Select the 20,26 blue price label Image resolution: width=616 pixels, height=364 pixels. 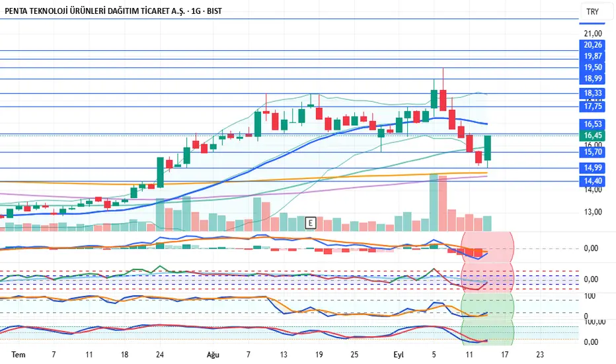[592, 45]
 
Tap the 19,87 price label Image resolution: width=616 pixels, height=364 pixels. [592, 56]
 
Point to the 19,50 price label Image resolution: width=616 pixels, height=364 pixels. [592, 68]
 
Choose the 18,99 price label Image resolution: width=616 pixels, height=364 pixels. [592, 79]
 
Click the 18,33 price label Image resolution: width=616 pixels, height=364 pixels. [592, 93]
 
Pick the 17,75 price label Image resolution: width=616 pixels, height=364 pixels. [592, 106]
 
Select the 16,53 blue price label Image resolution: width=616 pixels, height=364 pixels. [592, 124]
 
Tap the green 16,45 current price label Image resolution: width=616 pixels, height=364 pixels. [592, 136]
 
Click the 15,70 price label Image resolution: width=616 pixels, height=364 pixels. [592, 152]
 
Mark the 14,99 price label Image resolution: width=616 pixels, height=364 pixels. [592, 167]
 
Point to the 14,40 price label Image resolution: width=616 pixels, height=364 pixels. [592, 180]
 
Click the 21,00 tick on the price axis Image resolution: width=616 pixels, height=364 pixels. [593, 33]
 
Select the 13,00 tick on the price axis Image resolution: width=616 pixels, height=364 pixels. [593, 212]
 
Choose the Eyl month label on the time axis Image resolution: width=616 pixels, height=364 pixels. [399, 355]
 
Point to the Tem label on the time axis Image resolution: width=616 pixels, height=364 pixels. [19, 355]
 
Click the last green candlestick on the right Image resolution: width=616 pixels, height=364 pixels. [488, 148]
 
